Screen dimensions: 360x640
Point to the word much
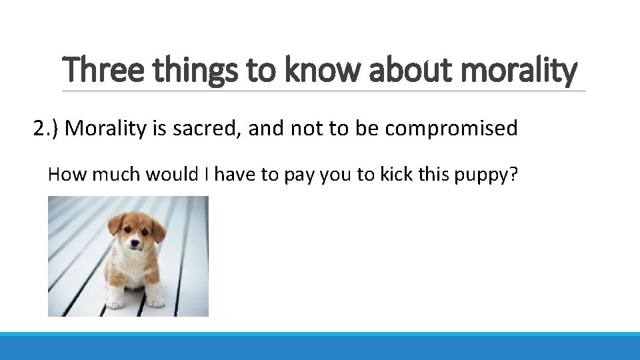click(117, 175)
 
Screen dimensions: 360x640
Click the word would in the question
click(168, 175)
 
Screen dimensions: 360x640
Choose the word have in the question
click(235, 175)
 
